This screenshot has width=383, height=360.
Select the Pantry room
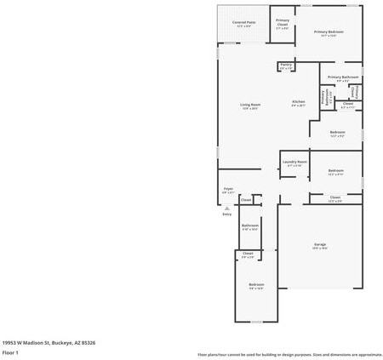click(x=286, y=66)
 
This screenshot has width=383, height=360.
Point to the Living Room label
click(x=249, y=106)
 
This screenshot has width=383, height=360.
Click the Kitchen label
click(x=299, y=104)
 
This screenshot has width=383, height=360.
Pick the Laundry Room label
click(x=294, y=163)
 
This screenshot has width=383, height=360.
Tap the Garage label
click(x=319, y=246)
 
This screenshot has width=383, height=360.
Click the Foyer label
click(x=228, y=190)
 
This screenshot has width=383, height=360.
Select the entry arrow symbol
click(x=227, y=208)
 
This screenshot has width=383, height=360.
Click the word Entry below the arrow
click(x=227, y=214)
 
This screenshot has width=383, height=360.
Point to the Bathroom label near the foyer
click(x=249, y=226)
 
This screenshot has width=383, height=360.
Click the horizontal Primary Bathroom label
click(x=343, y=78)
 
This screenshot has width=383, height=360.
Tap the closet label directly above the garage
click(x=334, y=199)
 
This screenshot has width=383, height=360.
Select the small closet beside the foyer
click(x=246, y=200)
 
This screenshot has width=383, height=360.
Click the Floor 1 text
click(x=11, y=351)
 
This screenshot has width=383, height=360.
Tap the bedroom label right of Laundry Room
click(x=335, y=171)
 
